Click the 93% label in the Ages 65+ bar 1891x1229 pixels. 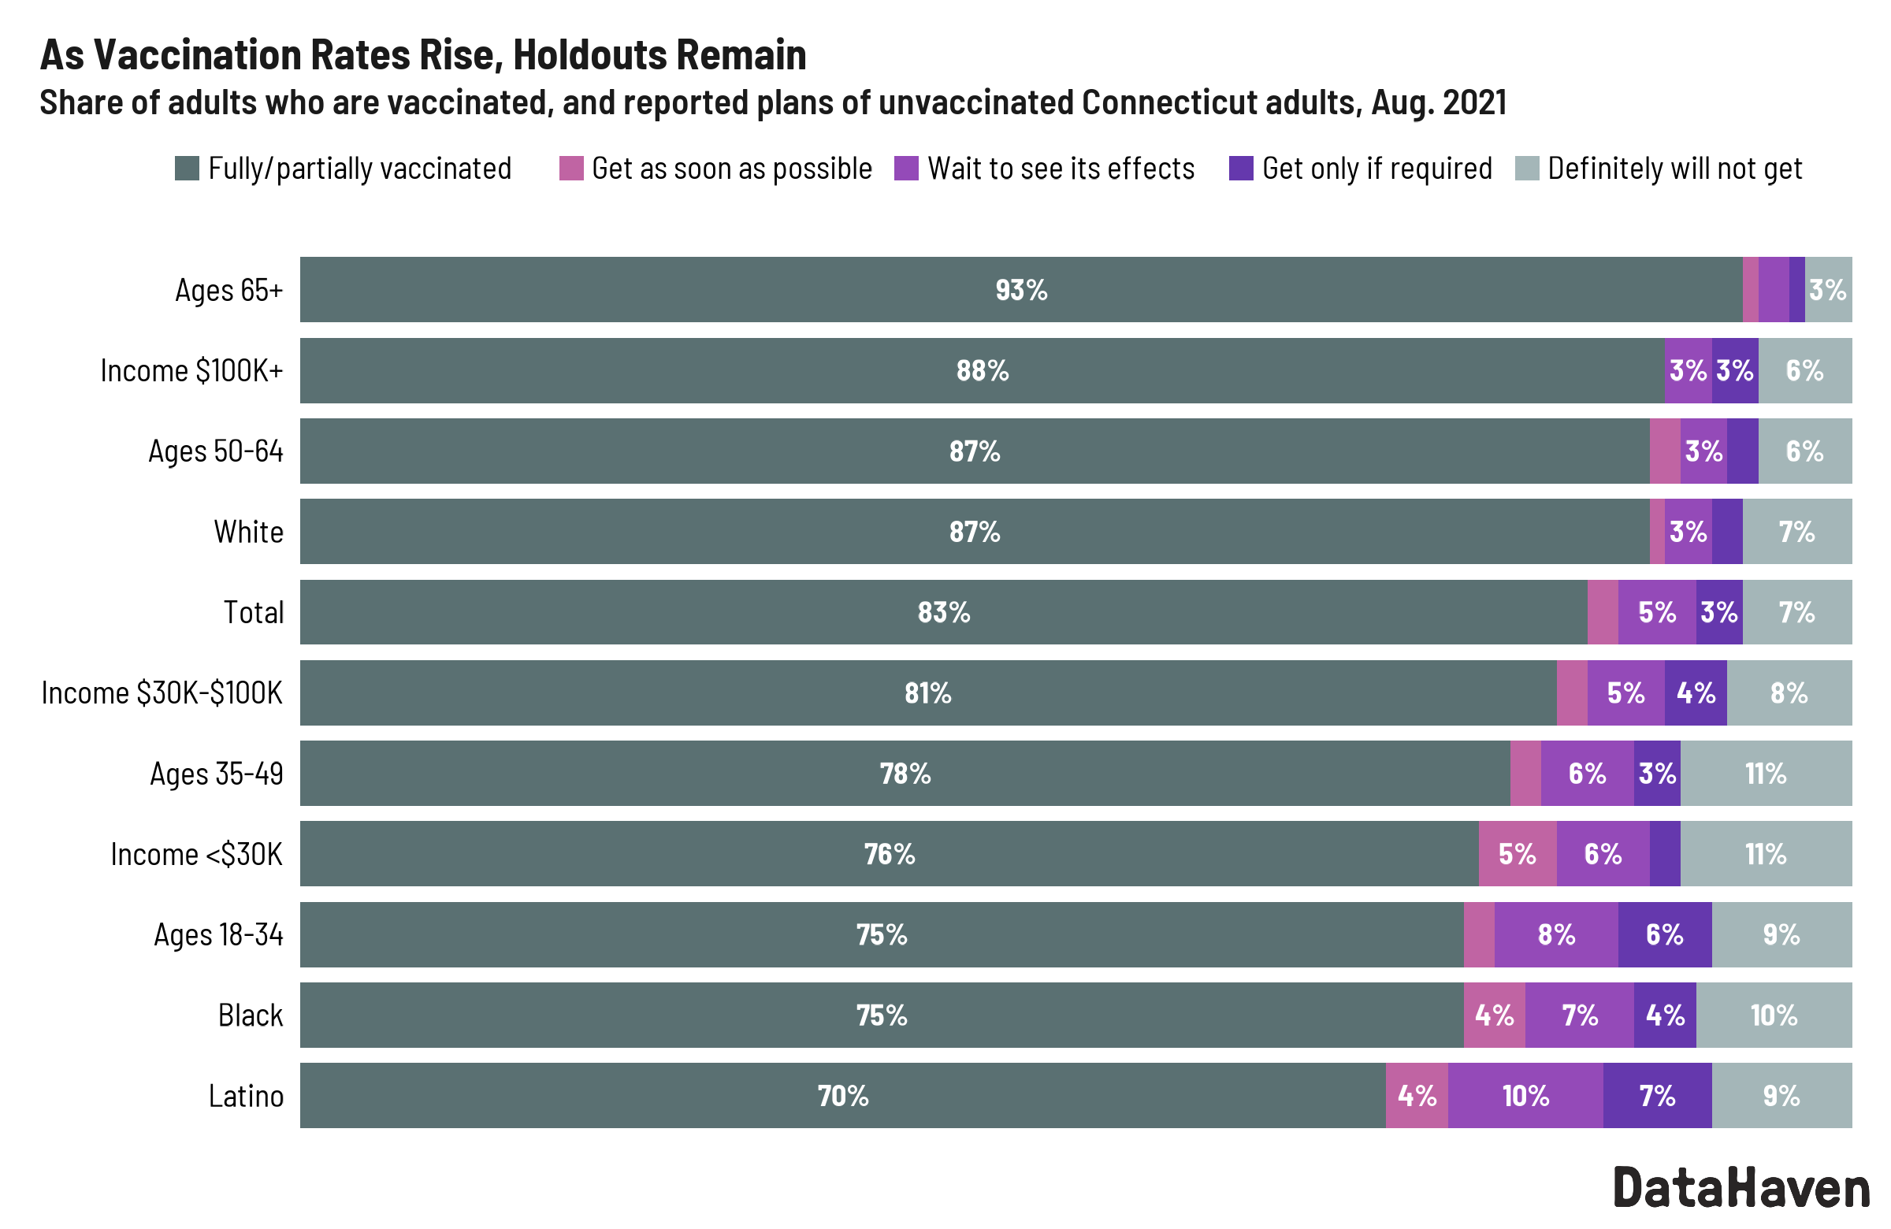pyautogui.click(x=1021, y=290)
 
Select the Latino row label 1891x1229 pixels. pyautogui.click(x=246, y=1096)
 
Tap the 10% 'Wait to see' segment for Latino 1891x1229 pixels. pyautogui.click(x=1525, y=1096)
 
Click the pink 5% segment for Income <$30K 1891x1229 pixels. pyautogui.click(x=1517, y=854)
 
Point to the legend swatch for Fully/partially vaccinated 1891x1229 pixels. pyautogui.click(x=187, y=169)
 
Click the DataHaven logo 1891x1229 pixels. pyautogui.click(x=1740, y=1188)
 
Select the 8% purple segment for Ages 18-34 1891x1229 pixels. pyautogui.click(x=1555, y=934)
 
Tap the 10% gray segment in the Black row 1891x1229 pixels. pyautogui.click(x=1773, y=1016)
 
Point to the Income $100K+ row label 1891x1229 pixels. pyautogui.click(x=191, y=371)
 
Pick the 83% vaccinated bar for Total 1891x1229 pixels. pyautogui.click(x=943, y=612)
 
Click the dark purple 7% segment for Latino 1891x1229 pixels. pyautogui.click(x=1657, y=1096)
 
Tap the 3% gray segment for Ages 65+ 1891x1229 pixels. pyautogui.click(x=1827, y=290)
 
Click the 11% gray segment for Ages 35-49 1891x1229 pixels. pyautogui.click(x=1766, y=773)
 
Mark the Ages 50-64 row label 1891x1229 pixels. pyautogui.click(x=215, y=451)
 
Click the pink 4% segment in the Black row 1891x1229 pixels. pyautogui.click(x=1494, y=1016)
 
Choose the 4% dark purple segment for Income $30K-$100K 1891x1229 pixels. pyautogui.click(x=1696, y=692)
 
